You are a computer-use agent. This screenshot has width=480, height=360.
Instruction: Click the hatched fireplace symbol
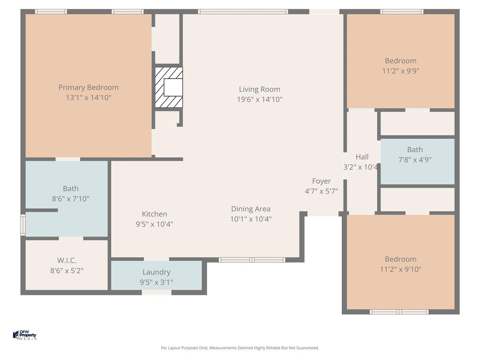pyautogui.click(x=169, y=87)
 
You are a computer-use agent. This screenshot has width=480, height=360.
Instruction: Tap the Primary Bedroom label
pyautogui.click(x=89, y=88)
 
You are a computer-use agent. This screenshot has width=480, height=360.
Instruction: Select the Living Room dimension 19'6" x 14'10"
pyautogui.click(x=260, y=99)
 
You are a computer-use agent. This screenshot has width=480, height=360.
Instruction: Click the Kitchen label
pyautogui.click(x=154, y=214)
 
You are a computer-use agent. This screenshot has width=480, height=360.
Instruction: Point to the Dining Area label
pyautogui.click(x=251, y=209)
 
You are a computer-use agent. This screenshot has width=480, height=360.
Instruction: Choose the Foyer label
pyautogui.click(x=322, y=181)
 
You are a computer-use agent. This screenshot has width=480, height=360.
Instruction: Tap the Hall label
pyautogui.click(x=362, y=157)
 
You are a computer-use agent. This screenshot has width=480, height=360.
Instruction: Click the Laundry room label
pyautogui.click(x=157, y=272)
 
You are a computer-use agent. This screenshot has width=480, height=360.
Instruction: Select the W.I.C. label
pyautogui.click(x=67, y=261)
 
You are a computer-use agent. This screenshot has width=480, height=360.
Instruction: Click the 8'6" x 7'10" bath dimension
pyautogui.click(x=71, y=199)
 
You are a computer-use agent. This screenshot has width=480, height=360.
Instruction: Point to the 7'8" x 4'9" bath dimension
pyautogui.click(x=415, y=159)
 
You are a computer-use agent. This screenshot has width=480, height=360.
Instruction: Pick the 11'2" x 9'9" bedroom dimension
pyautogui.click(x=401, y=71)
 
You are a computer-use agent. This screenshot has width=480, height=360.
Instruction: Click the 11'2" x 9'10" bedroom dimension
pyautogui.click(x=401, y=269)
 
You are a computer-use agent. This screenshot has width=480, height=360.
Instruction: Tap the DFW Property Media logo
pyautogui.click(x=25, y=335)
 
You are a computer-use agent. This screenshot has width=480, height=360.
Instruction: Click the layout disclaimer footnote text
pyautogui.click(x=240, y=348)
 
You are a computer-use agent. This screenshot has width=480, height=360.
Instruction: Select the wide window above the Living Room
pyautogui.click(x=243, y=12)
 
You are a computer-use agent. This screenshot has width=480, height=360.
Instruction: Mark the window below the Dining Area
pyautogui.click(x=252, y=260)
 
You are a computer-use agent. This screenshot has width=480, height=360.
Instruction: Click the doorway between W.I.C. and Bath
pyautogui.click(x=71, y=238)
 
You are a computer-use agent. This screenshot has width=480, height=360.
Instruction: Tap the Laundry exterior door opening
pyautogui.click(x=157, y=292)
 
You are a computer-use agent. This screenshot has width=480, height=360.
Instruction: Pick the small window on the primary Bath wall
pyautogui.click(x=23, y=225)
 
